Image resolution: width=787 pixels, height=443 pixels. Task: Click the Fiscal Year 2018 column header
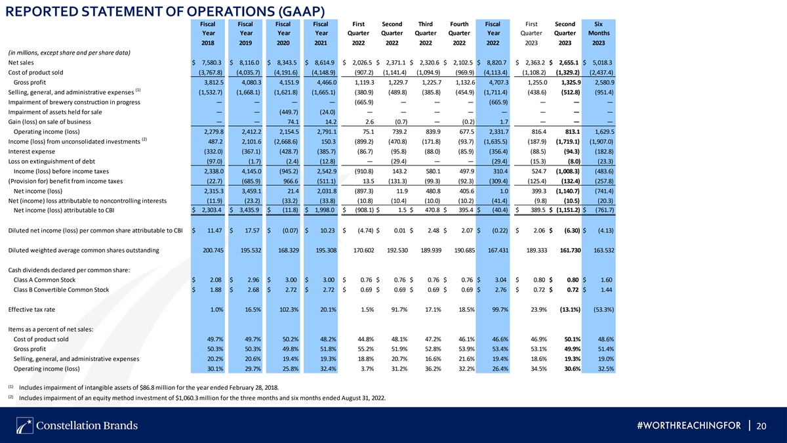(208, 33)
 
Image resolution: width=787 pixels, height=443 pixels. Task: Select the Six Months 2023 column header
(599, 33)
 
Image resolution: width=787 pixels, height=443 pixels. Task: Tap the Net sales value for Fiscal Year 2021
(323, 62)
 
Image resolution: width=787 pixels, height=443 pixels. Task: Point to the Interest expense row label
(31, 152)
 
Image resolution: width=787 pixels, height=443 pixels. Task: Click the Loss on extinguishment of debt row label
(52, 161)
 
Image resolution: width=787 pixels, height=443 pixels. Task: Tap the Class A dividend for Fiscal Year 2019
(253, 280)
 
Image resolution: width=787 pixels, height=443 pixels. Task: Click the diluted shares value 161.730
(570, 250)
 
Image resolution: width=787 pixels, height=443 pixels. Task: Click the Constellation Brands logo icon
(25, 426)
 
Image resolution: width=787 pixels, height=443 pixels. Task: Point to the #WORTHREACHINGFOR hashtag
(689, 426)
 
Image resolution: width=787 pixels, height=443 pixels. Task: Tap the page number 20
(761, 426)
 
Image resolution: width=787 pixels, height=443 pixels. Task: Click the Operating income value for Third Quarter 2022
(433, 132)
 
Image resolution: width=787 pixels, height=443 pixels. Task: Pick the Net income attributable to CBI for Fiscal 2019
(249, 210)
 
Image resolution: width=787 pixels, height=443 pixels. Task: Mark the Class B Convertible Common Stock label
(61, 289)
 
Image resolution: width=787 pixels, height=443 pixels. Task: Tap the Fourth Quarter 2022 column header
(459, 33)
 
